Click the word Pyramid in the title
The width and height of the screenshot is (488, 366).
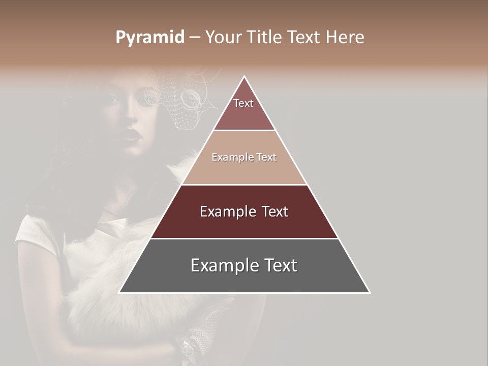(149, 38)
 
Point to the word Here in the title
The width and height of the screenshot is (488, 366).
(345, 38)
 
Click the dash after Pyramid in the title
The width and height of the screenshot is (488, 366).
(195, 38)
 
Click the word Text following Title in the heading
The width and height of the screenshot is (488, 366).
(304, 38)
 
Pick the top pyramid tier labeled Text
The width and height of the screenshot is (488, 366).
(243, 103)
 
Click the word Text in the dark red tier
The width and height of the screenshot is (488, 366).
(274, 211)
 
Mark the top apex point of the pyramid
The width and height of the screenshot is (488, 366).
(245, 76)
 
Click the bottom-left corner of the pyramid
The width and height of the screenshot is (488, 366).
(119, 293)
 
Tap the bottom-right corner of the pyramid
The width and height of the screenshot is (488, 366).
(370, 293)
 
